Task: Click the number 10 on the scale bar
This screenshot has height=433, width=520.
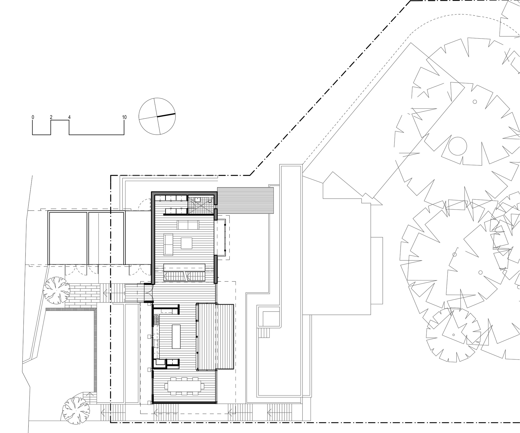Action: (x=124, y=117)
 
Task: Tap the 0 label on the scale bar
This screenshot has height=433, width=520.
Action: (x=33, y=117)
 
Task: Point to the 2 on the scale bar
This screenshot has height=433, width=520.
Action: (x=51, y=117)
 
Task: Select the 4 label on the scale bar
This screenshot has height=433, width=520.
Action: (x=69, y=117)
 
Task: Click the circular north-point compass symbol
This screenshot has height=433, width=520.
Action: (x=157, y=116)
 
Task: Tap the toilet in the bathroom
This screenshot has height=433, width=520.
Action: (x=210, y=200)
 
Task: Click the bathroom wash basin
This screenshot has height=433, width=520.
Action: (x=198, y=199)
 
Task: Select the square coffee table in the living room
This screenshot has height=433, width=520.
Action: (x=187, y=243)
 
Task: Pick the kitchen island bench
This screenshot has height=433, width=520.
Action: (x=176, y=336)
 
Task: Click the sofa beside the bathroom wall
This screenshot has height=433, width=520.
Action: (x=188, y=225)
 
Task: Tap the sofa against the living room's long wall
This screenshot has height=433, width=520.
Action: (x=168, y=244)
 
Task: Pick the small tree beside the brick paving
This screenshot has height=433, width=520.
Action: (x=56, y=290)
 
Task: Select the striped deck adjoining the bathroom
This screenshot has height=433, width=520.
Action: (x=245, y=200)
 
